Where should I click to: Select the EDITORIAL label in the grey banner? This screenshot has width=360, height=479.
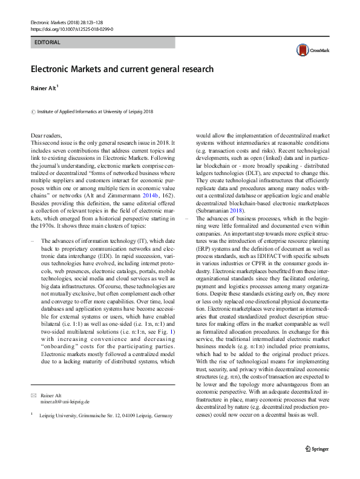tap(48, 43)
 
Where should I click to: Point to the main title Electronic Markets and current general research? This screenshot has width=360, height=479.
tap(122, 69)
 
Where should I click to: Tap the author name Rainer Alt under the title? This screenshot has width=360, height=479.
tap(44, 88)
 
